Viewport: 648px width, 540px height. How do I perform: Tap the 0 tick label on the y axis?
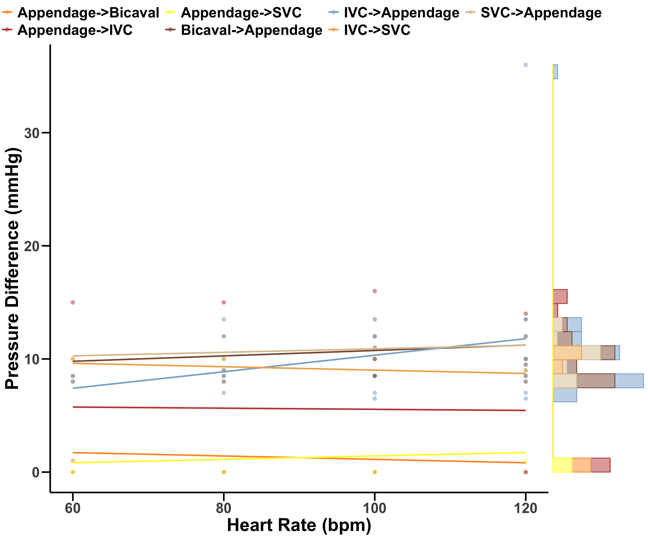36,472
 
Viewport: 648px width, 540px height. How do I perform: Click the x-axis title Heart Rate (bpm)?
299,525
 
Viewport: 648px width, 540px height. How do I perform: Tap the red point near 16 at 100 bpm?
375,291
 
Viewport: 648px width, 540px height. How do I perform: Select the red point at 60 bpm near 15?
73,302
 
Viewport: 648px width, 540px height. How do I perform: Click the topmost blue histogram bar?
555,72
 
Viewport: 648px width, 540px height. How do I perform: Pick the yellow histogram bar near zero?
562,465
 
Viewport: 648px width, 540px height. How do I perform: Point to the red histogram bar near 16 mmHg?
560,296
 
